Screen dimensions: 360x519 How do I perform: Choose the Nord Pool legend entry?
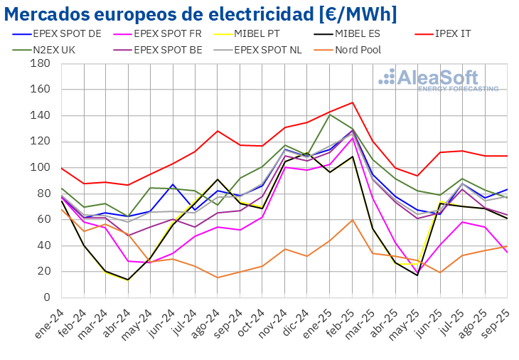pos(355,50)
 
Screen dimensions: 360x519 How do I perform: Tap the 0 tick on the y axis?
pos(45,297)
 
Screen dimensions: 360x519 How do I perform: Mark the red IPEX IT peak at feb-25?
pos(352,102)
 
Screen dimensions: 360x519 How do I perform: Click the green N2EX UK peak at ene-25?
pos(330,114)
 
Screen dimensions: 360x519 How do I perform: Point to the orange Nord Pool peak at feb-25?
pos(352,219)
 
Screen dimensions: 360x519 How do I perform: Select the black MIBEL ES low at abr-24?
pos(128,280)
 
